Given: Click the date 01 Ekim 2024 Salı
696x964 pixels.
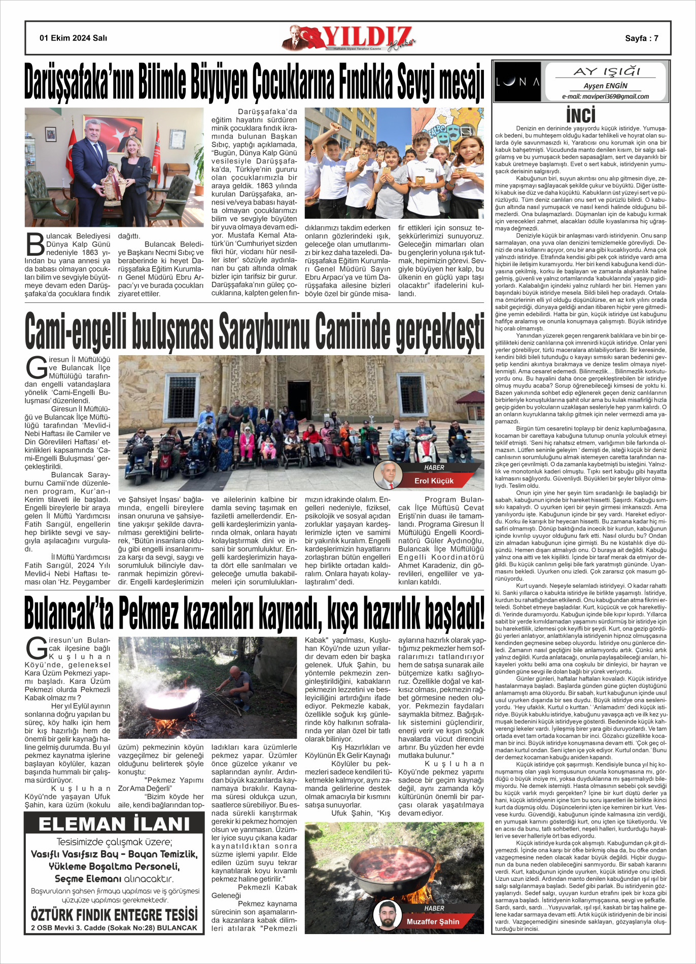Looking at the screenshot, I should point(73,38).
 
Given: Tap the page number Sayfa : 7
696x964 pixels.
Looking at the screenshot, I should point(641,38).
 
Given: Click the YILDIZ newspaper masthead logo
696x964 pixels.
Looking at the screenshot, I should point(350,38).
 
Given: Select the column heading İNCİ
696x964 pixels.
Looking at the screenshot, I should point(580,115).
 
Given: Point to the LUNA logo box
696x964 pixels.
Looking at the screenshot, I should point(517,82).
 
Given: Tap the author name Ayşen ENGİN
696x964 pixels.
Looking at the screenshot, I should point(605,86).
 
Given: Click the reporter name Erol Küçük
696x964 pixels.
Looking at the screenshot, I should point(434,480).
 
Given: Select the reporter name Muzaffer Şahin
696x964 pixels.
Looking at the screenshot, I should point(433,921).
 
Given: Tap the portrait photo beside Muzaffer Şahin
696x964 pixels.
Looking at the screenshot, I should point(387,915).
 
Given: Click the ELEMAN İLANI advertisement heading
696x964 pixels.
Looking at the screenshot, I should point(114,824).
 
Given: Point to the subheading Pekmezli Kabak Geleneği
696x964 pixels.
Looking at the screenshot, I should point(254,891).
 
